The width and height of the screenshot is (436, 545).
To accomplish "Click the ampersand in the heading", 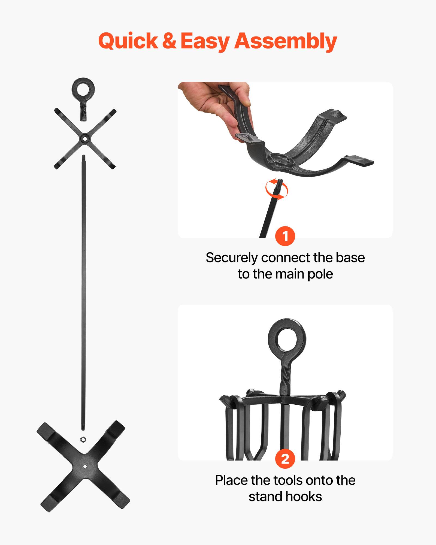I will (x=169, y=41).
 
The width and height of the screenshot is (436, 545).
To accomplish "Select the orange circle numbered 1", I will (x=285, y=236).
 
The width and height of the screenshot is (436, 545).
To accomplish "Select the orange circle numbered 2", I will (x=285, y=459).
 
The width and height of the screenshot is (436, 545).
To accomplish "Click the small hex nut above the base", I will (x=83, y=440).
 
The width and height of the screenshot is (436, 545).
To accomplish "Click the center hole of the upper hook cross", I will (x=85, y=139).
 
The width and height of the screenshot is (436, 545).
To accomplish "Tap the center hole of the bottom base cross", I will (x=85, y=466).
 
